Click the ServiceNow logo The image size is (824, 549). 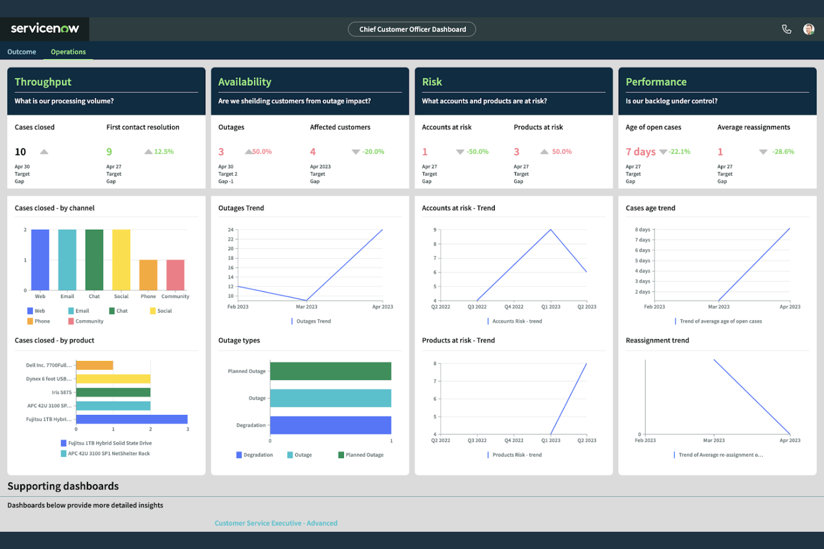[45, 28]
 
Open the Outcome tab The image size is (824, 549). [22, 52]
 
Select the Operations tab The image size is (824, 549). [68, 52]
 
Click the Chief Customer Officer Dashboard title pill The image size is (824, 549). [412, 29]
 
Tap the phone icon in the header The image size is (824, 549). [786, 29]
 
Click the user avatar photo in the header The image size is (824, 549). [808, 29]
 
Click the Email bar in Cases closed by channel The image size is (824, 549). [67, 259]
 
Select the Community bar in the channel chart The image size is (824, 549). [175, 275]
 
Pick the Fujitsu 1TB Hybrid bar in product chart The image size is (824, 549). [131, 419]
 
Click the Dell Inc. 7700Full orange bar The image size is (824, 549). [95, 365]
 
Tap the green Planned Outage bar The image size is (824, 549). [330, 371]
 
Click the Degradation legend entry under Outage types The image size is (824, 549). [254, 455]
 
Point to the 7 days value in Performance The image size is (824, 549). [640, 152]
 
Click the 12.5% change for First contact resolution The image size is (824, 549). [164, 152]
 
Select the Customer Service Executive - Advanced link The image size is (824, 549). [276, 523]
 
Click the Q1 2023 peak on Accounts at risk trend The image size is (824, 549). [551, 230]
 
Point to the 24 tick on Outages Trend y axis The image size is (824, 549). [230, 230]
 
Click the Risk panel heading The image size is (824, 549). [432, 82]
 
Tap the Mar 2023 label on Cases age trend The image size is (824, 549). [718, 307]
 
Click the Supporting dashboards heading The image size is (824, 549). [63, 486]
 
